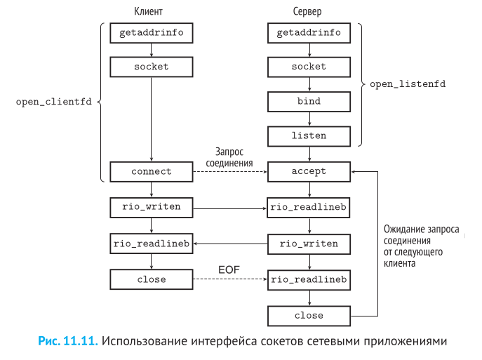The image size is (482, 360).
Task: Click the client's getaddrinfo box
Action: click(152, 33)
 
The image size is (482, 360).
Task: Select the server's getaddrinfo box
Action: click(309, 33)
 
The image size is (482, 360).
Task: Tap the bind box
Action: click(309, 101)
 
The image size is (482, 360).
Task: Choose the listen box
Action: click(309, 135)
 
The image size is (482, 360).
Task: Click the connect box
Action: click(152, 171)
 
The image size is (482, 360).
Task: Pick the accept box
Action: click(309, 171)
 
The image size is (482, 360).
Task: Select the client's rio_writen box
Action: click(152, 208)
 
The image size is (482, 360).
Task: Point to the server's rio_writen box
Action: click(309, 244)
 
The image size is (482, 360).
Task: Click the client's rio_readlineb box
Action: click(152, 244)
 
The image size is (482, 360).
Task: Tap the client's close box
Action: click(152, 279)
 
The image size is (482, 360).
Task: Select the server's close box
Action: click(309, 316)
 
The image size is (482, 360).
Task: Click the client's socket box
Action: click(152, 67)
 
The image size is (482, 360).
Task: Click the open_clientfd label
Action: click(54, 102)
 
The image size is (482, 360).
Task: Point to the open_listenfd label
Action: click(408, 84)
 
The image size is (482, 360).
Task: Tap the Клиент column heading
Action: click(152, 11)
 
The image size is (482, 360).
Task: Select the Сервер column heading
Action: click(309, 11)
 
